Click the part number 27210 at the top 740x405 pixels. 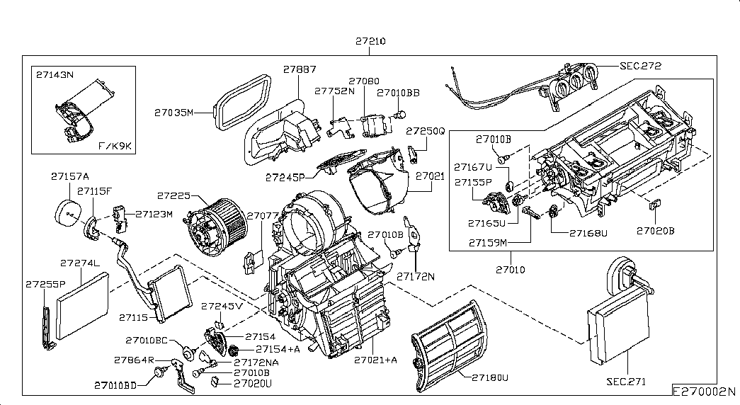[370, 42]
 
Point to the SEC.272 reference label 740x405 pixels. [640, 66]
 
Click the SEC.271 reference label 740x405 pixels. [626, 381]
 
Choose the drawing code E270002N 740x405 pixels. [705, 392]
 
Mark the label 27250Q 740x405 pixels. [425, 132]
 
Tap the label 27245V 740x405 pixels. [222, 307]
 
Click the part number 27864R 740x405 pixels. [135, 360]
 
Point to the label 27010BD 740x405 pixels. [115, 385]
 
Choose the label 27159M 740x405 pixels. [488, 242]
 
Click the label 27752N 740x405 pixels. [335, 91]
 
